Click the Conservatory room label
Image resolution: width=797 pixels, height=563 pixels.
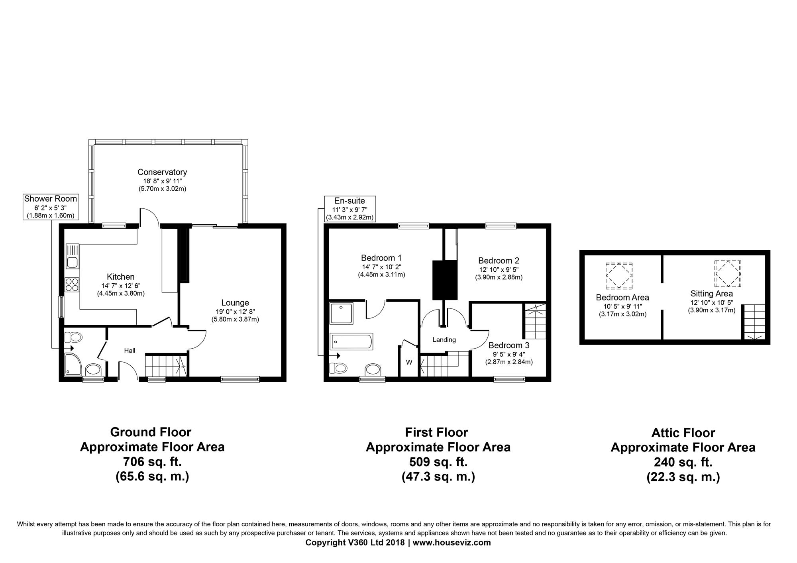click(x=162, y=172)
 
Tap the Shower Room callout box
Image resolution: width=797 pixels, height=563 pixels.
click(x=51, y=207)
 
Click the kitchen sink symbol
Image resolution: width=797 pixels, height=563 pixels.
click(x=73, y=256)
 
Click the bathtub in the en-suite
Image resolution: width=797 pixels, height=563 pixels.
click(x=351, y=341)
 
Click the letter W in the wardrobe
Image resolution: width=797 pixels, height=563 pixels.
click(x=409, y=362)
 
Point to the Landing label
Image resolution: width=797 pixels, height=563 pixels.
click(x=444, y=340)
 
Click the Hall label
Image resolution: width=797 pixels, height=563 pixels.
click(x=130, y=351)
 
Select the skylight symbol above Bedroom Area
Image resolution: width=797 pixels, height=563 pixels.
click(x=619, y=276)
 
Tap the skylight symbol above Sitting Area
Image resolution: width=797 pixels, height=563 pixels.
click(x=728, y=274)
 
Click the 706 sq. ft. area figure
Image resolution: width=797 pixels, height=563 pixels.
click(x=152, y=462)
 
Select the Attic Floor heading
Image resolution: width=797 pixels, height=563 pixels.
click(x=683, y=433)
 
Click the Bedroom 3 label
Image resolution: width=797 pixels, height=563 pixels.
click(x=509, y=345)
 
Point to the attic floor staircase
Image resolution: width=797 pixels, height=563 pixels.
click(x=753, y=322)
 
